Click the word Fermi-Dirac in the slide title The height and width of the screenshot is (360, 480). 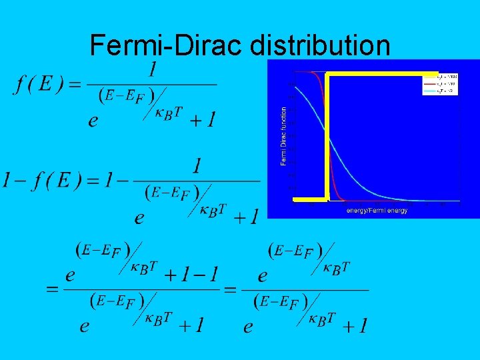coord(167,45)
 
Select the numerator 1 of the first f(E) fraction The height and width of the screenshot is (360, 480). coord(153,69)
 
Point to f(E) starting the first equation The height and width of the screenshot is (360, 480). coord(38,85)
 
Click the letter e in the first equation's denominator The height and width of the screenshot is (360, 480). coord(93,121)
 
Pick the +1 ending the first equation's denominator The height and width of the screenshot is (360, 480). coord(202,120)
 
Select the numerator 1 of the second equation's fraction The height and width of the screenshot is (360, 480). coord(197,166)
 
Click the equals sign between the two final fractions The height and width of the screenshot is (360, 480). coord(231,291)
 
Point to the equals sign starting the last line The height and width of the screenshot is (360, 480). coord(51,291)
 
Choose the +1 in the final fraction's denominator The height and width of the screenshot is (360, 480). coord(353,326)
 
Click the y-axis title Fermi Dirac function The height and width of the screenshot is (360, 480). coord(284,137)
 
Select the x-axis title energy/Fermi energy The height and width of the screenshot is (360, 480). coord(377,211)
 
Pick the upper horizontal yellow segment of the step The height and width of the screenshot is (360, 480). coord(383,73)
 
